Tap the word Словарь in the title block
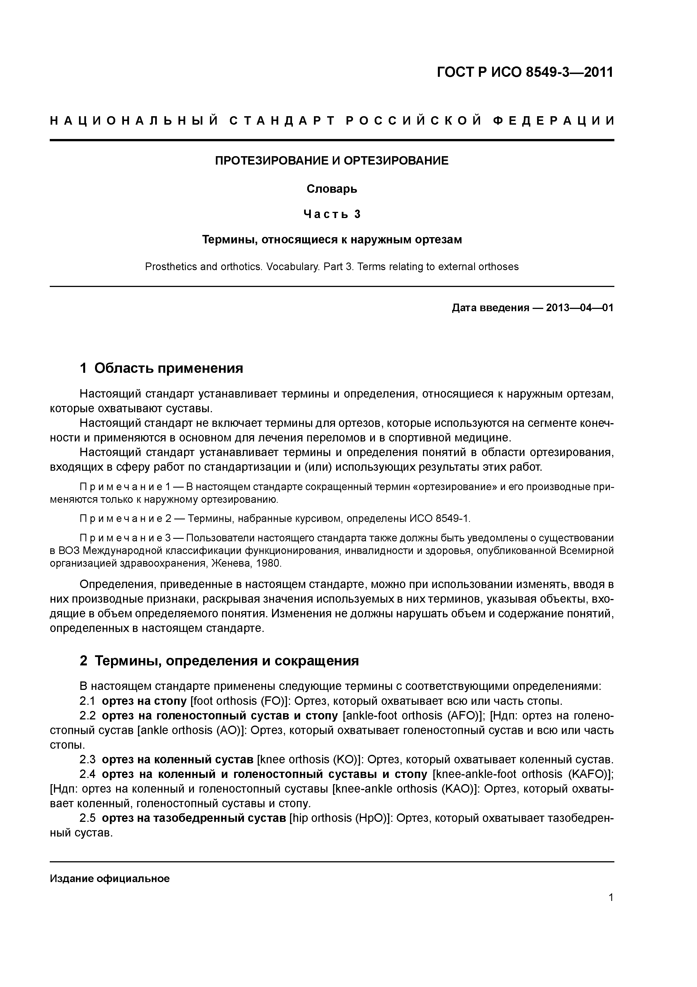pos(332,189)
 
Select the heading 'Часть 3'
pos(332,214)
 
